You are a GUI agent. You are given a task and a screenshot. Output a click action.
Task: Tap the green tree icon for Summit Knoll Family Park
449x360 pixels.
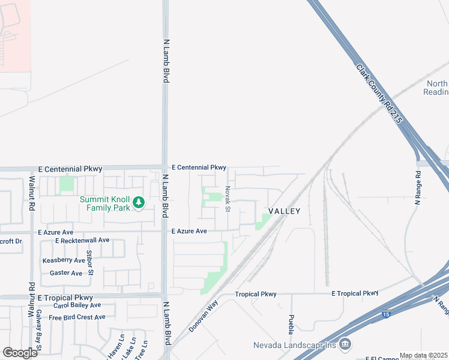(x=139, y=202)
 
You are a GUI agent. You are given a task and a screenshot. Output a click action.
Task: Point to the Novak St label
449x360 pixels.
(x=228, y=198)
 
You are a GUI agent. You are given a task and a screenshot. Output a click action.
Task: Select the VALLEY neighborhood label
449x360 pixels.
(x=284, y=211)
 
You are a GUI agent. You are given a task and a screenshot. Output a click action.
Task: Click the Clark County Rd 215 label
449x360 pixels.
(x=379, y=95)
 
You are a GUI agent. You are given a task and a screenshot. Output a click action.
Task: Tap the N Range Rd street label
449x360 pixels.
(x=418, y=188)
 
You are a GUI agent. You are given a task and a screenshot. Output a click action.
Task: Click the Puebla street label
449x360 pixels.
(x=291, y=325)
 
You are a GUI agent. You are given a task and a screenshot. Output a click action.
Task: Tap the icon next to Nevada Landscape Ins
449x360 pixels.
(x=345, y=344)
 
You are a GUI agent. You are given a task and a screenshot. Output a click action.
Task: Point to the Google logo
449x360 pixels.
(x=20, y=352)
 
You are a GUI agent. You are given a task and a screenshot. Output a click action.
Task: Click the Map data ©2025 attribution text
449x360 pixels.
(x=423, y=356)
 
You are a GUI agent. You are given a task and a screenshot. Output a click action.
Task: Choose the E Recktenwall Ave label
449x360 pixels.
(x=82, y=240)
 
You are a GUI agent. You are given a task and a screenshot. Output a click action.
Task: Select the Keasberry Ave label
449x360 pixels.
(x=64, y=260)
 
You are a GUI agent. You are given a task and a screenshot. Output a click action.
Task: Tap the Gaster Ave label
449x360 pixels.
(x=66, y=273)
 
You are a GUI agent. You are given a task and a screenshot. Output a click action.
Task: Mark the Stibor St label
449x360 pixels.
(x=89, y=262)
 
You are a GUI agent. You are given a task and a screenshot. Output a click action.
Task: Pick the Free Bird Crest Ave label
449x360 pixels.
(x=77, y=317)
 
